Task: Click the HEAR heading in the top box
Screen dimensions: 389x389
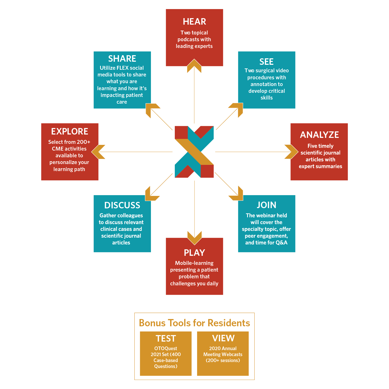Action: [194, 22]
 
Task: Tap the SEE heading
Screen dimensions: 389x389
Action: [266, 62]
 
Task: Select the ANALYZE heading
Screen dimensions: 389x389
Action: [319, 135]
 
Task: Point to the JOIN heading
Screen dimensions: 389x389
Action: [266, 205]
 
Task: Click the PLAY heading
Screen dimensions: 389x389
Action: [194, 253]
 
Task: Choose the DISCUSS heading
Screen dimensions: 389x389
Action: [122, 205]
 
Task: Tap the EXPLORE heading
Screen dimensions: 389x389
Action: [70, 131]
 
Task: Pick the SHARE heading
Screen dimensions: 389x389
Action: [122, 59]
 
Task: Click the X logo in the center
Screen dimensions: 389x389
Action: [194, 152]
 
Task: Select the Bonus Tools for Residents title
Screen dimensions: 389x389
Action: [195, 323]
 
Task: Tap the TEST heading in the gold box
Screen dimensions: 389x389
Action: [166, 338]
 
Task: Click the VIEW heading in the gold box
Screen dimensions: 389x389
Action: [223, 338]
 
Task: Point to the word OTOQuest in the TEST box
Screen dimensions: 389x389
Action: [166, 349]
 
